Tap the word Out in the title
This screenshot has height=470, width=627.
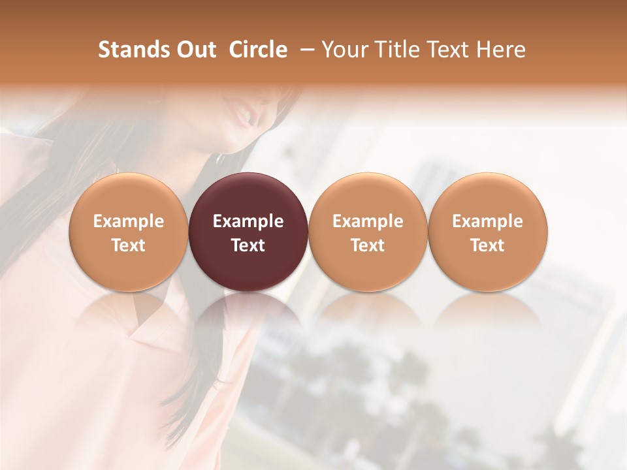195,50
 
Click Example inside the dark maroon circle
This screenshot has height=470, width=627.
248,221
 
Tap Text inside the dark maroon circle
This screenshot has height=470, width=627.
248,245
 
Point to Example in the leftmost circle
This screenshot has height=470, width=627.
128,221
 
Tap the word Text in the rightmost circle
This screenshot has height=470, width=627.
488,245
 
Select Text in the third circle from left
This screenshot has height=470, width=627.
368,245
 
